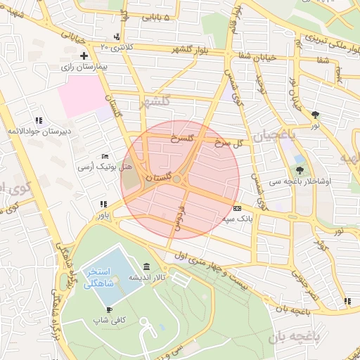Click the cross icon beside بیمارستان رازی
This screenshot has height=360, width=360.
pos(84,56)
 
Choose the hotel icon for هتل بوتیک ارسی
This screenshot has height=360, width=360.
pos(105,157)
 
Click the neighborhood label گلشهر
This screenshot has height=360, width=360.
pos(155,101)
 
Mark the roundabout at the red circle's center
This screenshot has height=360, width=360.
pos(180,180)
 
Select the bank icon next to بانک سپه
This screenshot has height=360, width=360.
pos(237,209)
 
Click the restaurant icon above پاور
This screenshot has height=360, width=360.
pos(103,203)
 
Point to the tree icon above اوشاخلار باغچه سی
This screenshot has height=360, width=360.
pos(301,170)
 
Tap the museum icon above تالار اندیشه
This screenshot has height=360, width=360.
pos(146,266)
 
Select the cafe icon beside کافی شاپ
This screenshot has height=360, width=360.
pos(109,309)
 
